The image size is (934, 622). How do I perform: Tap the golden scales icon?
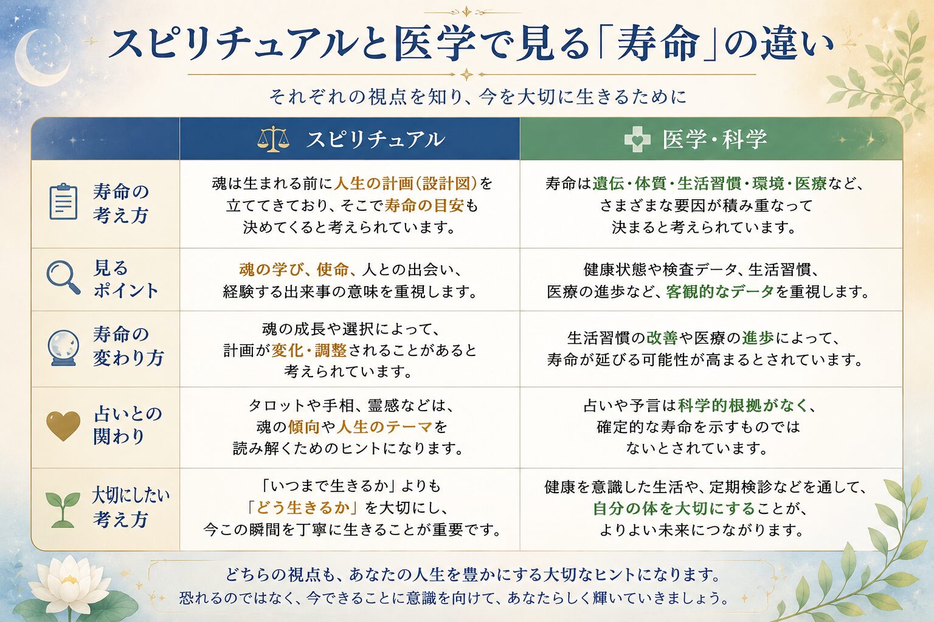(x=273, y=139)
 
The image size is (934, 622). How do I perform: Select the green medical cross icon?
(x=637, y=140)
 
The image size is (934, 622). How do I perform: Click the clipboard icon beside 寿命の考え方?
(x=63, y=202)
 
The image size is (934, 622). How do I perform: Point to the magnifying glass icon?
(x=63, y=278)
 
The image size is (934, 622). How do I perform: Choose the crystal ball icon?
(x=63, y=348)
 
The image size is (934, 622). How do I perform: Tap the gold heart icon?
(x=63, y=426)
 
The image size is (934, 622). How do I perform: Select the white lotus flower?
(x=69, y=583)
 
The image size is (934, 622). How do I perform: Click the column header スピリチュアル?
(x=375, y=140)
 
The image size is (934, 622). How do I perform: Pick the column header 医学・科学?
(x=714, y=139)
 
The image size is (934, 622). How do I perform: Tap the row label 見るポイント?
(x=125, y=279)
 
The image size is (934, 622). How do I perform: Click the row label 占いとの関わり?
(x=128, y=425)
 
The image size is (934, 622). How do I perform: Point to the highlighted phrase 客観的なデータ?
(x=720, y=292)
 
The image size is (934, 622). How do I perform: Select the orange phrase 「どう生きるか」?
(x=303, y=507)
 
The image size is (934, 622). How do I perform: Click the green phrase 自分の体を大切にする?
(x=674, y=508)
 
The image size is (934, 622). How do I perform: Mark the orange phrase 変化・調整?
(x=309, y=350)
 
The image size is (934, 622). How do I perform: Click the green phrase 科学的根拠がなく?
(x=744, y=405)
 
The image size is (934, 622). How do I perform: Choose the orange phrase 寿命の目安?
(x=424, y=205)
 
